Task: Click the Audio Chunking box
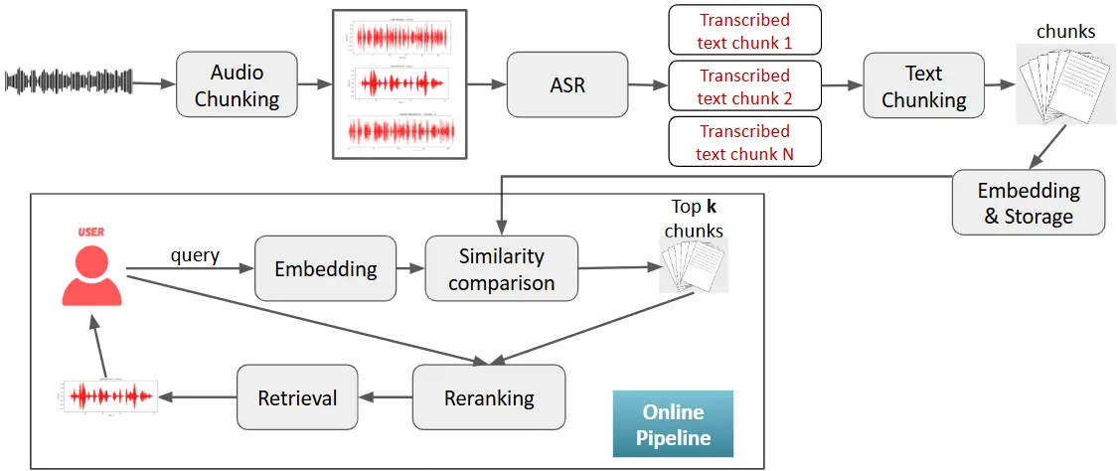click(x=237, y=85)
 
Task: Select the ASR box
click(x=567, y=85)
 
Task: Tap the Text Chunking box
click(x=923, y=85)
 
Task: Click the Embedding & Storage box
click(x=1028, y=203)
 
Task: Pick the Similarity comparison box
click(x=501, y=268)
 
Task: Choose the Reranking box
click(x=488, y=397)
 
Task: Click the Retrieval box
click(x=297, y=397)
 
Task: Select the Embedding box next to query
click(x=325, y=268)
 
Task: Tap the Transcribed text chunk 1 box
click(x=744, y=31)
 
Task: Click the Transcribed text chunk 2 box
click(x=744, y=86)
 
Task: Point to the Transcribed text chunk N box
click(x=744, y=142)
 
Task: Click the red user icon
click(x=91, y=269)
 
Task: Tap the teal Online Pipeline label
click(x=673, y=423)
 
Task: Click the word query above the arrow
click(x=195, y=255)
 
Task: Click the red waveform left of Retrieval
click(x=107, y=396)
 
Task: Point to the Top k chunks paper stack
click(x=695, y=266)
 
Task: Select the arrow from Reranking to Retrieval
click(x=386, y=397)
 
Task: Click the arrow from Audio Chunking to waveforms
click(x=314, y=85)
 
